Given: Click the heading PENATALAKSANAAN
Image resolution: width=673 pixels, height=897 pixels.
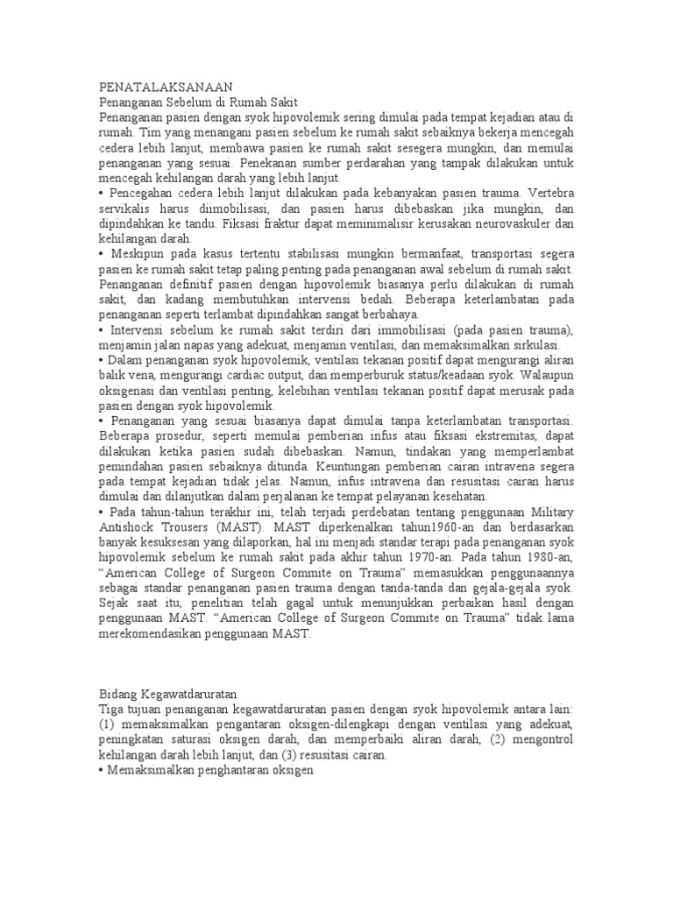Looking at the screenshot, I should tap(164, 87).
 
